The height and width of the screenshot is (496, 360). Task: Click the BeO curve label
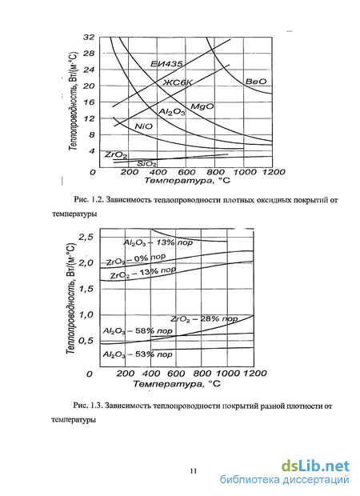tap(256, 82)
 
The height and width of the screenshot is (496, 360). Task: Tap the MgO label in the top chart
tap(202, 106)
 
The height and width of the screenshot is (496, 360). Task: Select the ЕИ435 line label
tap(166, 64)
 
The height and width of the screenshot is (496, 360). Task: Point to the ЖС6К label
tap(178, 82)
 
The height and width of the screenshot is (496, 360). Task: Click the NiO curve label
tap(143, 126)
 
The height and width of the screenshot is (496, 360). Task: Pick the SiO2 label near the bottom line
tap(146, 164)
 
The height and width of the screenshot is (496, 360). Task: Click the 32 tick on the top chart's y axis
tap(89, 38)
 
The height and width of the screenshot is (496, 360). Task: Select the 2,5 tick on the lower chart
tap(86, 237)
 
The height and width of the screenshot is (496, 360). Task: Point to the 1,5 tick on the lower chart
tap(86, 289)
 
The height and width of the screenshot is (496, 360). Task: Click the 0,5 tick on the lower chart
tap(86, 341)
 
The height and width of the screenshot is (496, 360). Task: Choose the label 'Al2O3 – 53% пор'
tap(138, 354)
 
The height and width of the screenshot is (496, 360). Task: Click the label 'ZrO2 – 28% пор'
tap(204, 319)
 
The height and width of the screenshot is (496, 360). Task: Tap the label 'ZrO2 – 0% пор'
tap(136, 259)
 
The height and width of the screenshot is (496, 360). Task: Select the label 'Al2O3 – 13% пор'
tap(158, 243)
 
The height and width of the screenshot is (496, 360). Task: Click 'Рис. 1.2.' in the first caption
tap(89, 200)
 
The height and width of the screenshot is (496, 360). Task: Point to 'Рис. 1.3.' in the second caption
tap(88, 406)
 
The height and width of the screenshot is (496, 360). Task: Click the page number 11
tap(194, 471)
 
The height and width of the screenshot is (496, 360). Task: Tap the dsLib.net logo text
tap(315, 466)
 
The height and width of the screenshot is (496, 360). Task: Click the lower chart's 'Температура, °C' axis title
tap(177, 384)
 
